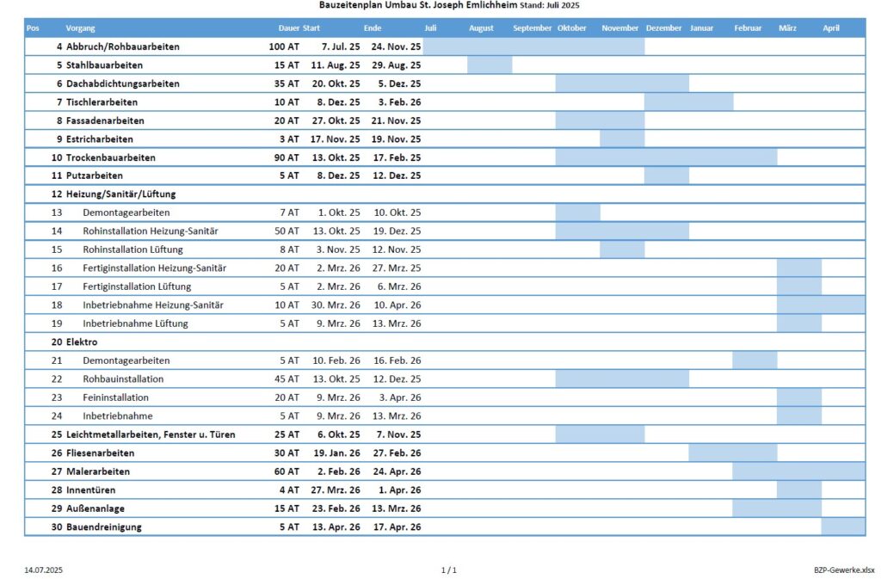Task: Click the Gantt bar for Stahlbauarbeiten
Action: pos(490,65)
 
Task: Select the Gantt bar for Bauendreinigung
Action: pos(843,527)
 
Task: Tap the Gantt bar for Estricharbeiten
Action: pos(622,139)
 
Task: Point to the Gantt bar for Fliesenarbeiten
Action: pos(733,453)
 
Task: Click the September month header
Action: pos(532,28)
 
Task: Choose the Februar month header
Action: pos(748,28)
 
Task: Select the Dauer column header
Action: pos(289,28)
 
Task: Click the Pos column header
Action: pos(33,28)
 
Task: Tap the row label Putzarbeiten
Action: pos(95,176)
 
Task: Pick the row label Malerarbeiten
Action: pos(98,471)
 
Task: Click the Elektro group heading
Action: pos(82,342)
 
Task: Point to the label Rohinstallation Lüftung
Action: pos(132,249)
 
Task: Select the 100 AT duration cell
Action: pos(284,46)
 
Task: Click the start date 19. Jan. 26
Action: pos(336,453)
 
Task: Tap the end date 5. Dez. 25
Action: pos(399,83)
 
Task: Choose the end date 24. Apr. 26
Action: pos(397,471)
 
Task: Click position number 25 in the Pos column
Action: pos(57,434)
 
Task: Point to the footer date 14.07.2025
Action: pos(43,570)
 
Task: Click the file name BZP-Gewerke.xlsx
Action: pos(844,570)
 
